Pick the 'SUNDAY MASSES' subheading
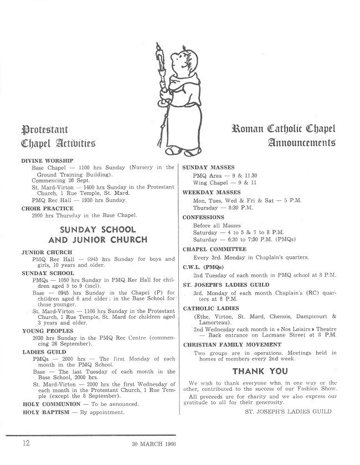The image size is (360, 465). point(208,167)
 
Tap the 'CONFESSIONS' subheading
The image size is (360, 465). point(203,218)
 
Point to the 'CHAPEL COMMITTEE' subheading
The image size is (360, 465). point(214,250)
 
